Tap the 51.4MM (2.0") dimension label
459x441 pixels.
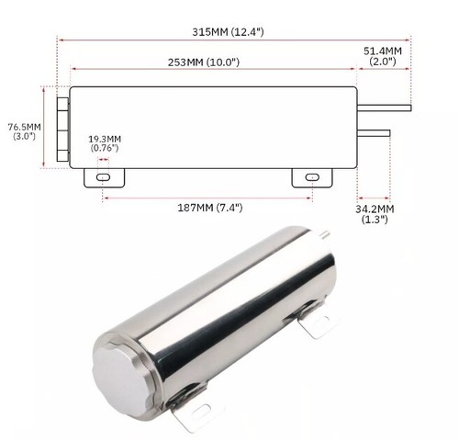point(383,56)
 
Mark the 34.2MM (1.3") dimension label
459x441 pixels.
point(376,215)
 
